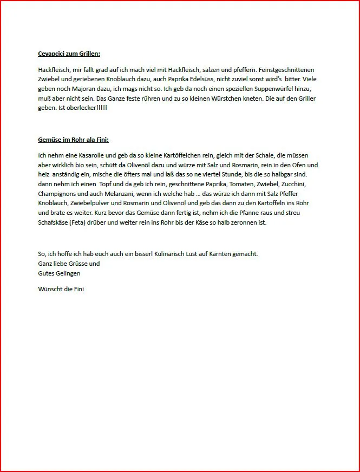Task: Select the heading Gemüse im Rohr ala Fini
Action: click(x=73, y=140)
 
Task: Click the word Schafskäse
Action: click(x=56, y=222)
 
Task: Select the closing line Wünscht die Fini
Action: click(x=61, y=289)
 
